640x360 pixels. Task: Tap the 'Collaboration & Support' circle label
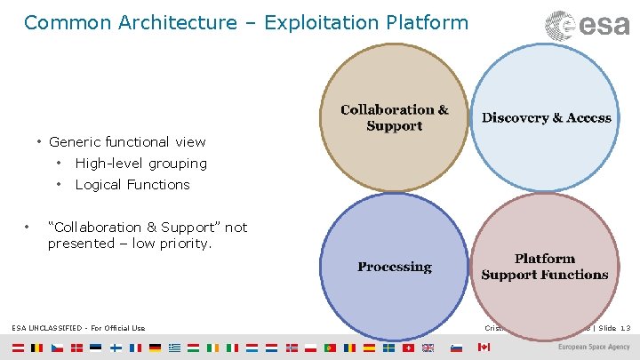click(x=395, y=118)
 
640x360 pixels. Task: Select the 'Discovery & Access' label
click(x=547, y=117)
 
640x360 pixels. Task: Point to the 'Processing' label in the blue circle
click(x=395, y=267)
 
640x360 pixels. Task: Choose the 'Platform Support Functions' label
click(x=545, y=267)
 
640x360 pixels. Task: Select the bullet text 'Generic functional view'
click(x=127, y=142)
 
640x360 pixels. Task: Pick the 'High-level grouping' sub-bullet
click(x=140, y=164)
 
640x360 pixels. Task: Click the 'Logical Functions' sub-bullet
click(x=132, y=185)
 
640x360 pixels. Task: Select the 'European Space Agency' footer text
click(x=595, y=348)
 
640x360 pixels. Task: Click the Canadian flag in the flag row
click(x=484, y=348)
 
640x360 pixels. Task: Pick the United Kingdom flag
click(x=428, y=348)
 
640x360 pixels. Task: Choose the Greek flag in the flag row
click(x=174, y=348)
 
